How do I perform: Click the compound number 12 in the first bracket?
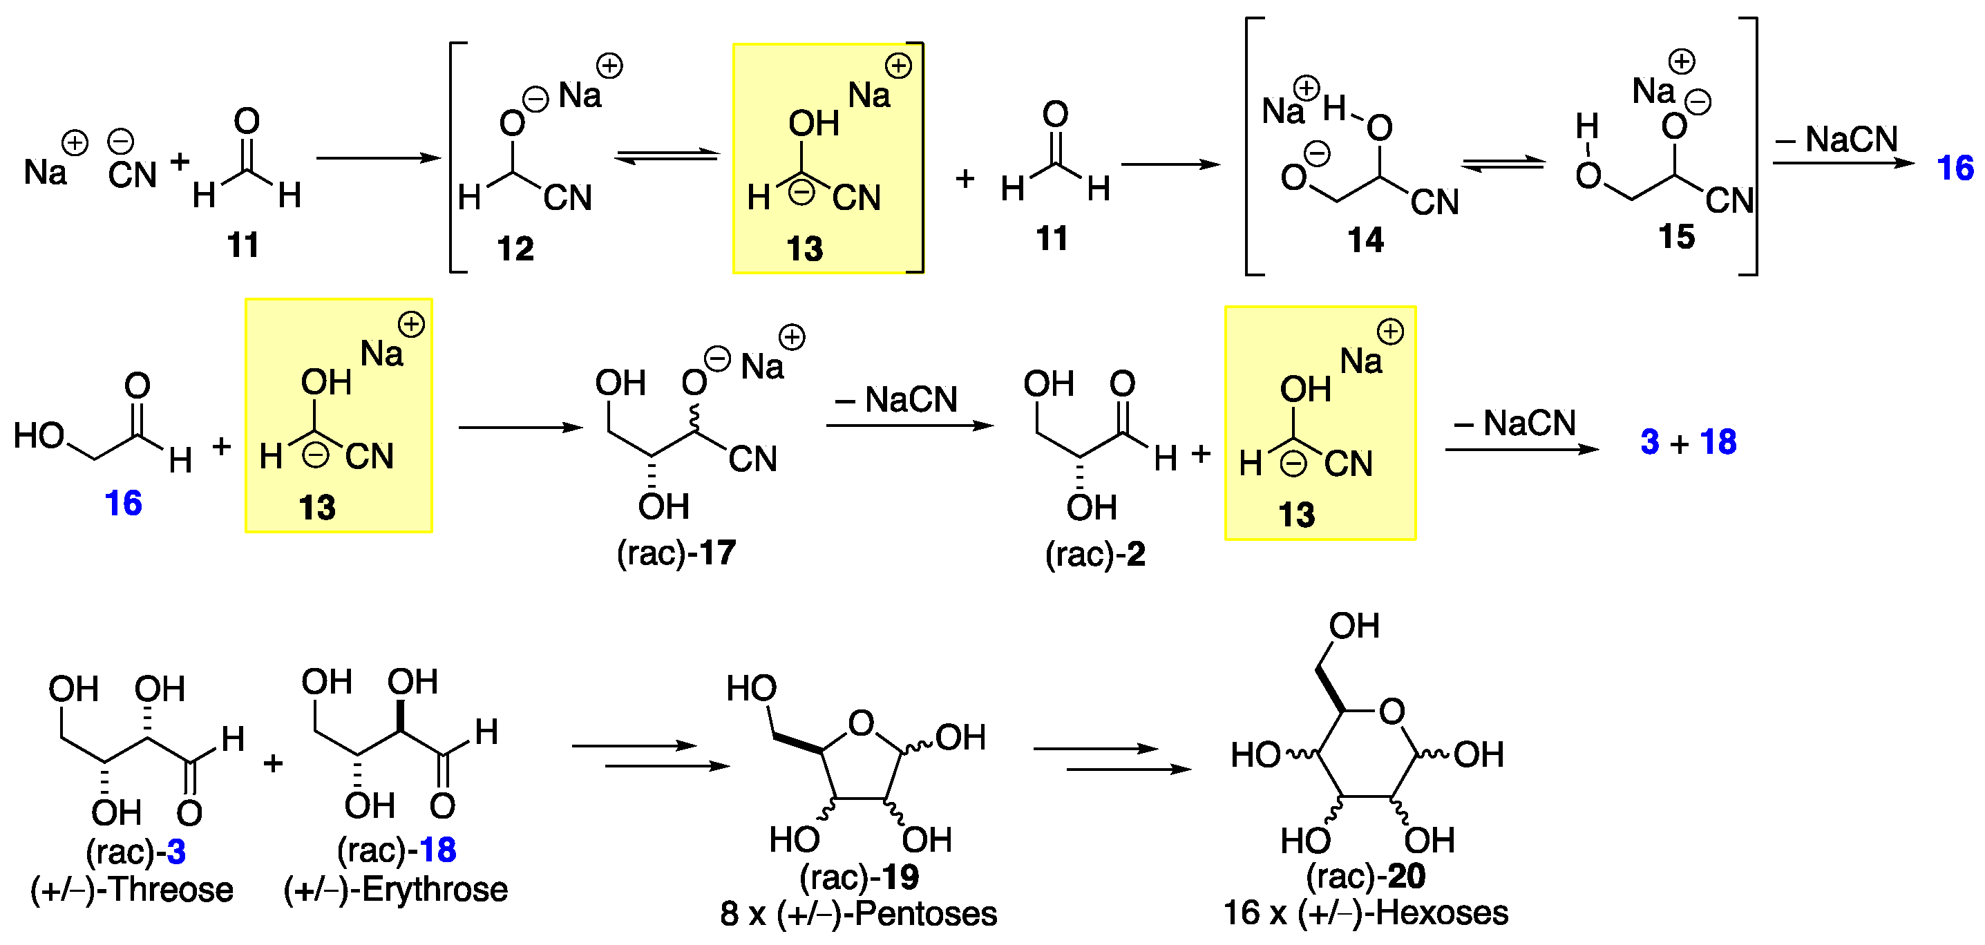pyautogui.click(x=515, y=249)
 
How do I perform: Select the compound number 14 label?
pyautogui.click(x=1365, y=240)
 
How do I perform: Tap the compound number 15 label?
pyautogui.click(x=1676, y=237)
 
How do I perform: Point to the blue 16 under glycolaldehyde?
pyautogui.click(x=123, y=504)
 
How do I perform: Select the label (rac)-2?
pyautogui.click(x=1094, y=555)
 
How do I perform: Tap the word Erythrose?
pyautogui.click(x=435, y=890)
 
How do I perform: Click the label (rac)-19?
pyautogui.click(x=859, y=877)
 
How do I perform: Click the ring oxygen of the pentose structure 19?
pyautogui.click(x=861, y=723)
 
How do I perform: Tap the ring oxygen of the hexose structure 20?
pyautogui.click(x=1392, y=712)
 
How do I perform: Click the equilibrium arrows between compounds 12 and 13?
pyautogui.click(x=667, y=156)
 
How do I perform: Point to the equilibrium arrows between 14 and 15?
pyautogui.click(x=1503, y=164)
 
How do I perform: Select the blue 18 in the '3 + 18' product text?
pyautogui.click(x=1718, y=442)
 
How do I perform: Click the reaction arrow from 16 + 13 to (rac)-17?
pyautogui.click(x=520, y=428)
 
